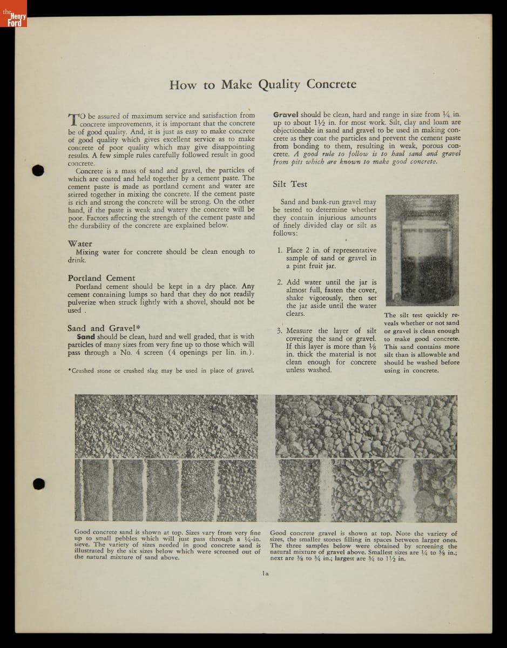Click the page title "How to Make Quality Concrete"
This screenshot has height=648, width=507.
pos(262,85)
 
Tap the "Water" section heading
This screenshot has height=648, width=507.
pos(80,244)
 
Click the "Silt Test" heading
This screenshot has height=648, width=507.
pos(290,184)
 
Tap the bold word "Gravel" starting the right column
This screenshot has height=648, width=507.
pos(286,114)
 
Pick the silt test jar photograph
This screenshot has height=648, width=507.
pos(421,251)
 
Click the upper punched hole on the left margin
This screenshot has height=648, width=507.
pos(38,170)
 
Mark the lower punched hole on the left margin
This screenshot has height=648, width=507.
pos(38,483)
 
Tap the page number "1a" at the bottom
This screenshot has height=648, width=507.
pos(265,573)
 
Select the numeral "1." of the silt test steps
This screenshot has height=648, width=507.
pos(280,251)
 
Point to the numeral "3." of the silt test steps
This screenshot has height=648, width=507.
pos(280,331)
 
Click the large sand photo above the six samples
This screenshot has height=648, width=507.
pos(166,426)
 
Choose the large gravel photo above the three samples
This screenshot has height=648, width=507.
pos(366,426)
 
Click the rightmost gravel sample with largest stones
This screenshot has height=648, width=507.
pos(435,490)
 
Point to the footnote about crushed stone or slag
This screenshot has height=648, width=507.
pos(161,370)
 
